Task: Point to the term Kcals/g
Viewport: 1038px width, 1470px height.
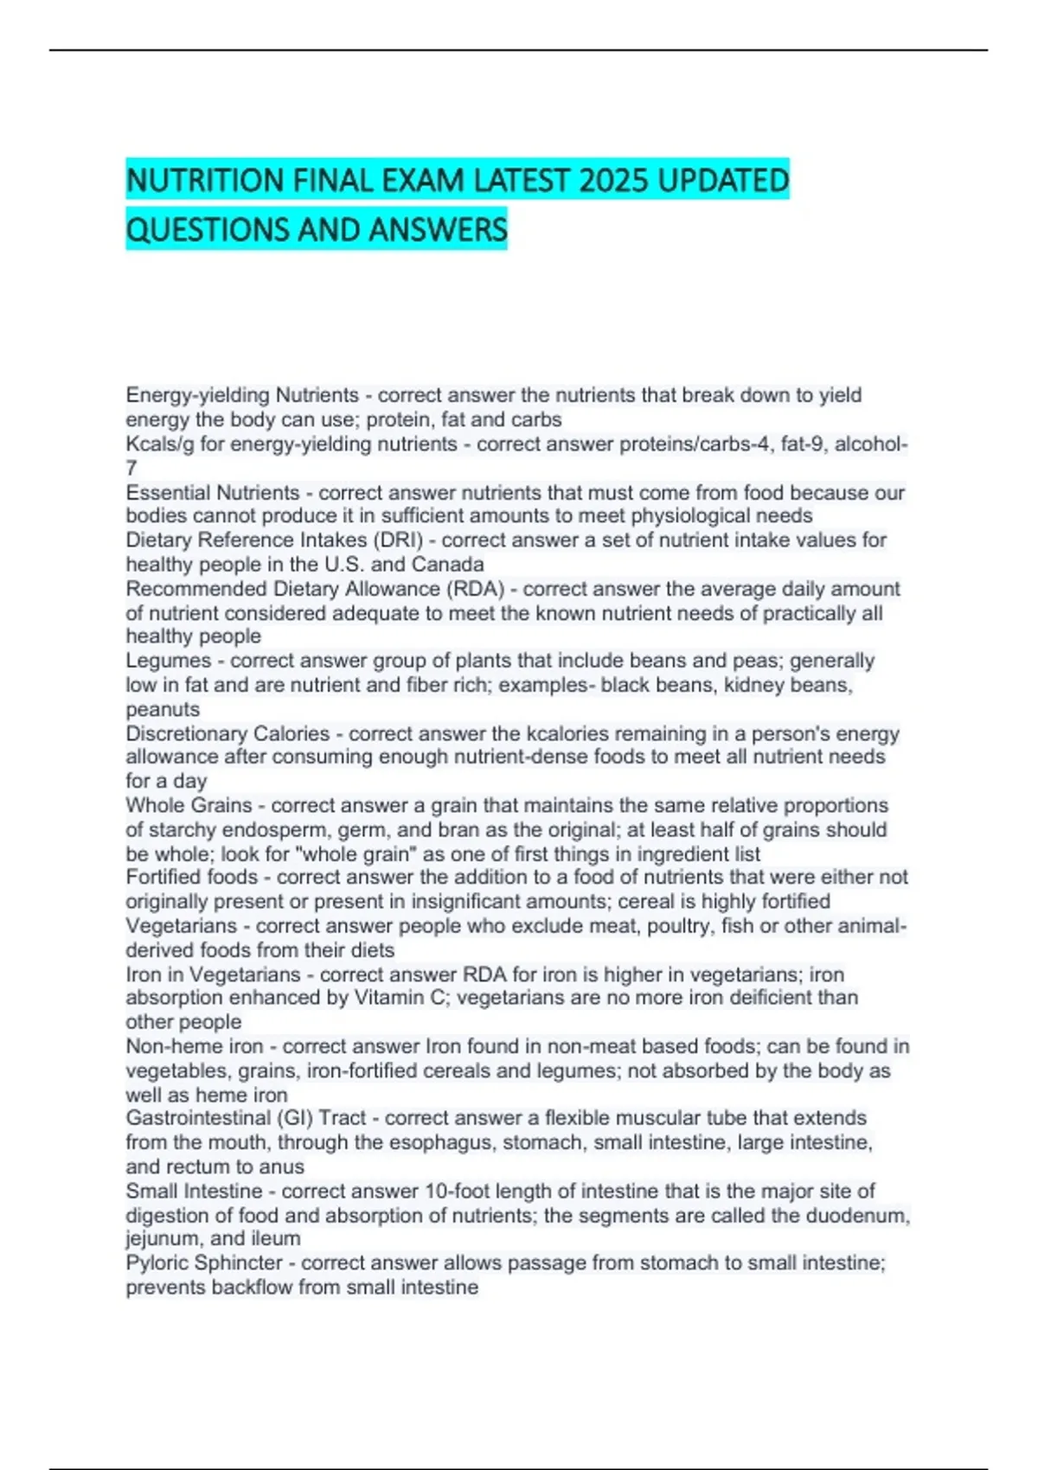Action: [160, 444]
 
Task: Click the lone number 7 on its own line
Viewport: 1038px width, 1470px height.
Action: [131, 469]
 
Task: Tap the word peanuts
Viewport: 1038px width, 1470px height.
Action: [163, 710]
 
